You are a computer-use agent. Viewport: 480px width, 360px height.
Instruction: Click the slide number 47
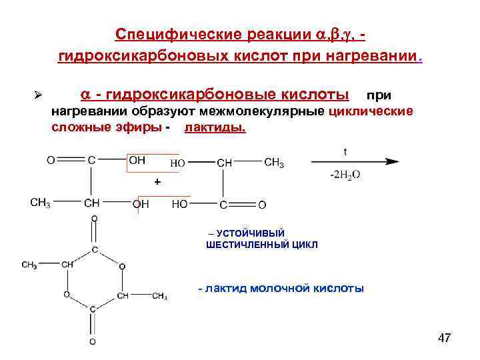(x=444, y=339)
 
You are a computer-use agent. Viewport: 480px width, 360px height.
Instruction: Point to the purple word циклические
(x=371, y=110)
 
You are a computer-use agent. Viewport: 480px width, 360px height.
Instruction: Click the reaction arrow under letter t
(x=354, y=162)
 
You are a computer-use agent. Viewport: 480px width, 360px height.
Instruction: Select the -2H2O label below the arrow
(x=345, y=175)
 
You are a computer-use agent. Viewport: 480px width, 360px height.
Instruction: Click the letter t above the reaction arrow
(x=345, y=151)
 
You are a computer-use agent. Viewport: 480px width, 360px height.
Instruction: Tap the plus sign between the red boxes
(x=157, y=181)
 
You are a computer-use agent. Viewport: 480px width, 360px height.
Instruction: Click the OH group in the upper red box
(x=137, y=161)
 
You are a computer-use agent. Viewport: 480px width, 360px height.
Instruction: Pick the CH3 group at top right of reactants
(x=274, y=163)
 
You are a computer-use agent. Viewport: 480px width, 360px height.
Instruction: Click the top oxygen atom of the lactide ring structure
(x=94, y=218)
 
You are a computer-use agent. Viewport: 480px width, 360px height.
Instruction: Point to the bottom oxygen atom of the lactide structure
(x=93, y=342)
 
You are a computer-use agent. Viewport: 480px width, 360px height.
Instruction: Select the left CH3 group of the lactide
(x=29, y=265)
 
